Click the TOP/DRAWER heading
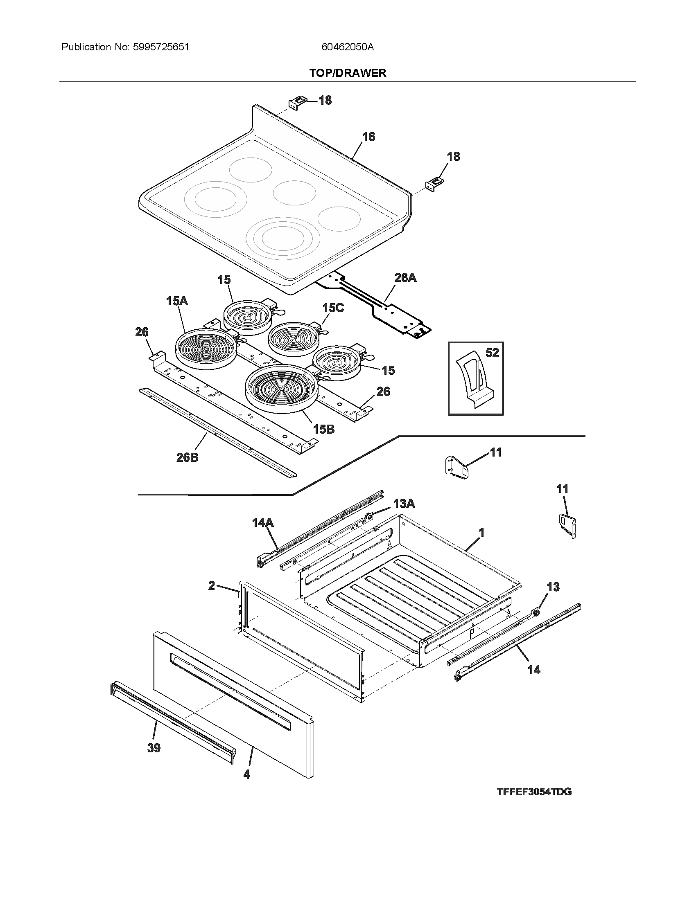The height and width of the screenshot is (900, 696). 348,73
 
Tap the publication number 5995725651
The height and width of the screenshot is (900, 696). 161,47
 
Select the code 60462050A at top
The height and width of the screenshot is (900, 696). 347,47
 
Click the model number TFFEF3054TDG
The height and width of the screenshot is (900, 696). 534,803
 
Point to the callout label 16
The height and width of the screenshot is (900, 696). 368,137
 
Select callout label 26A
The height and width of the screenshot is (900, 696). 405,278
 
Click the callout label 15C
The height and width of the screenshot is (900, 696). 333,308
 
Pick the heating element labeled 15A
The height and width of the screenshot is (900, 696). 206,349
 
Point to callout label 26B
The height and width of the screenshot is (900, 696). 187,457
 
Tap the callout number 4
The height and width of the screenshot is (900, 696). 246,775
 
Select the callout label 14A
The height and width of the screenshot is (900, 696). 263,523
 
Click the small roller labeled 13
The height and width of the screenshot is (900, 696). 537,613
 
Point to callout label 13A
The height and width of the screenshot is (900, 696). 404,503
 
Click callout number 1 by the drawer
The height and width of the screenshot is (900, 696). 481,532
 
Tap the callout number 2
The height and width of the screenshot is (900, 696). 212,585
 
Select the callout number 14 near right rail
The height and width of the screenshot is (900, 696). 533,670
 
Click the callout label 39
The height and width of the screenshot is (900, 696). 154,748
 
